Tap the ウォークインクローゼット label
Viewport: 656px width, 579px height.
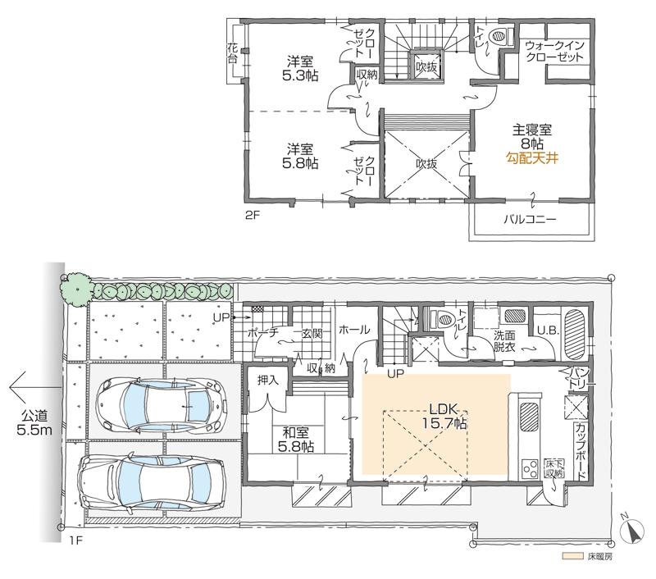point(554,51)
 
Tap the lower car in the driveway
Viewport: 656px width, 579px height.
point(153,481)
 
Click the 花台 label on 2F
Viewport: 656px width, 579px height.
point(232,54)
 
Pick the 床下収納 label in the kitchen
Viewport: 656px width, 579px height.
point(554,467)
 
